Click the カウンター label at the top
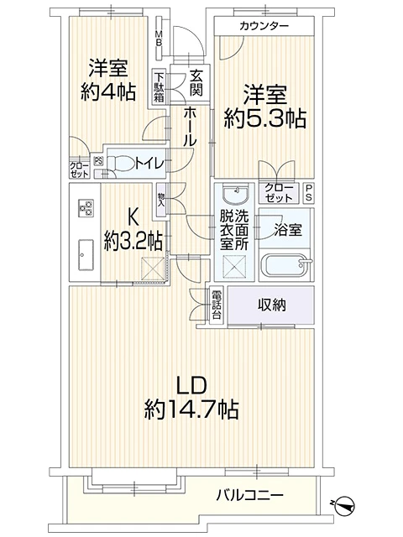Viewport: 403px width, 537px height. tap(264, 26)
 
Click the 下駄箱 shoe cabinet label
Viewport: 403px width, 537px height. tap(159, 86)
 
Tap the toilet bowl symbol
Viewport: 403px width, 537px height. tap(118, 164)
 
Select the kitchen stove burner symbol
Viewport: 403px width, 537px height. tap(86, 208)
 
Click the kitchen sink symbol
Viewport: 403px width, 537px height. tap(86, 251)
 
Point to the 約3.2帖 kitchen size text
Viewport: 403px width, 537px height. tap(133, 241)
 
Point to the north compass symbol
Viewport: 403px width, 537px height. tap(343, 503)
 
